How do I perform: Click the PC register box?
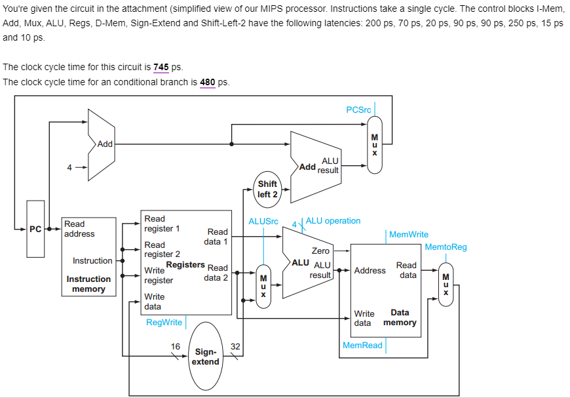pos(35,229)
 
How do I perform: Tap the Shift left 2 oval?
pos(267,189)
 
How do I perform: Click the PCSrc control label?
pos(358,109)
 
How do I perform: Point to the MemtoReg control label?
pos(446,247)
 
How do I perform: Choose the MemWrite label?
pos(409,234)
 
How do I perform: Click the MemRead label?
pos(362,345)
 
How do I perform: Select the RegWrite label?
pos(164,322)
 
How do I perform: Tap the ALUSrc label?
pos(264,221)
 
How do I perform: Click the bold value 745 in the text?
pos(161,68)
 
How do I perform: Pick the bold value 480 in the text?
pos(207,82)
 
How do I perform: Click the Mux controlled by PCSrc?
pos(375,144)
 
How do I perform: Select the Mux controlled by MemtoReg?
pos(446,284)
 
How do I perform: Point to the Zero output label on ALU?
pos(320,250)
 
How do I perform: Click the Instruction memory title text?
pos(88,284)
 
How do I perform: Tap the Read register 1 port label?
pos(162,224)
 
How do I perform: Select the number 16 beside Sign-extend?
pos(176,346)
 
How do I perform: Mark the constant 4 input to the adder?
pos(69,167)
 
